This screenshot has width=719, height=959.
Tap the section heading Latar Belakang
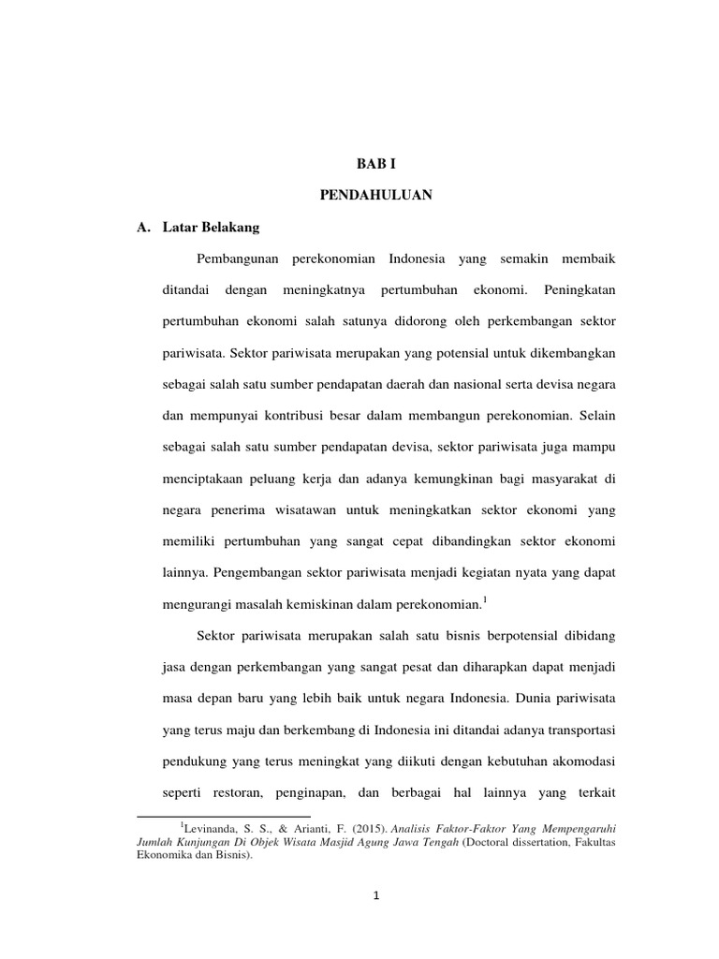(198, 228)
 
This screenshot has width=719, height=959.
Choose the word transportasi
(579, 730)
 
